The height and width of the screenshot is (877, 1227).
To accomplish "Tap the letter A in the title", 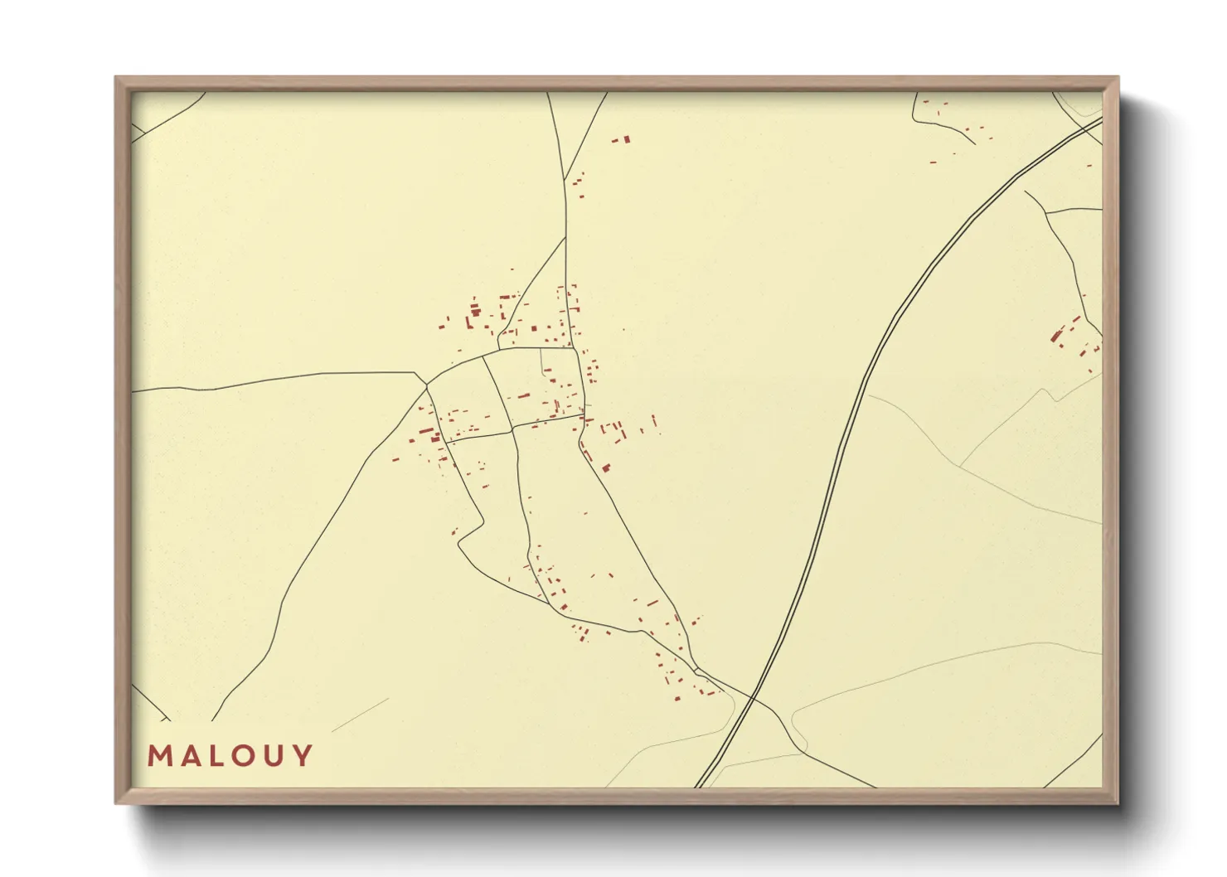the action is [189, 755].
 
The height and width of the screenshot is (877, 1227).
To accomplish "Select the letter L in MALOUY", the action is [216, 755].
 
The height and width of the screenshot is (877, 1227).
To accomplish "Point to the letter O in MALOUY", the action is [245, 755].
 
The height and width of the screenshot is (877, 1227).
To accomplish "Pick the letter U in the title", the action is [276, 755].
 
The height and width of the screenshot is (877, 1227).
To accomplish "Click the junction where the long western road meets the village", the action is [426, 385].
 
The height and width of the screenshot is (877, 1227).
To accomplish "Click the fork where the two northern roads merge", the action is [565, 238].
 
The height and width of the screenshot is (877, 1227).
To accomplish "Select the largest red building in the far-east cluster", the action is [1057, 336].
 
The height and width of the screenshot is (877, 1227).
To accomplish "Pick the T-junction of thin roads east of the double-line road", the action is [1046, 212].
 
